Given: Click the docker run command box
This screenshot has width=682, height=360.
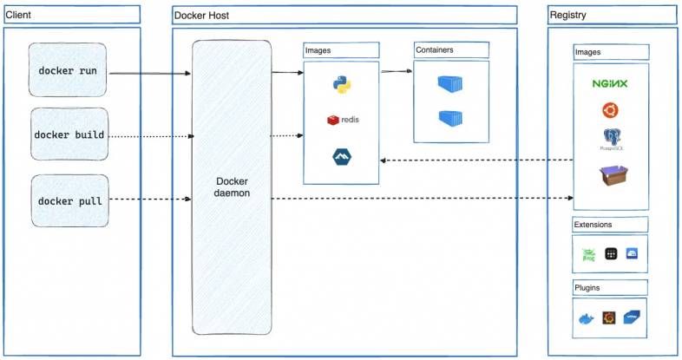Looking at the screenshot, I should pos(69,70).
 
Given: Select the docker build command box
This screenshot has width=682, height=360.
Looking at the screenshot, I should pos(69,135).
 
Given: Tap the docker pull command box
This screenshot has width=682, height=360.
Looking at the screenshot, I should pos(69,201).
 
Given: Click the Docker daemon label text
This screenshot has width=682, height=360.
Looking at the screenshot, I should pos(232,187).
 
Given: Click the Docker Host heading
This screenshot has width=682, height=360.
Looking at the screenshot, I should pos(201,16).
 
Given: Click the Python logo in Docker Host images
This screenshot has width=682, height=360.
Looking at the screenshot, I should pos(341,84).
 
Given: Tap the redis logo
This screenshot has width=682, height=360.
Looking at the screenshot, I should pos(342,120).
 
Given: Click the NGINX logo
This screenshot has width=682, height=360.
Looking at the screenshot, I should pos(610,83).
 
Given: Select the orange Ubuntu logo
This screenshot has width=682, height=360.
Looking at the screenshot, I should pos(610,110).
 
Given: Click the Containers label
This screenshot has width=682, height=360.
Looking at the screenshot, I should pos(434,50).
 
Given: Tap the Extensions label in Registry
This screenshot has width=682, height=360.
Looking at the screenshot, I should pos(593,225).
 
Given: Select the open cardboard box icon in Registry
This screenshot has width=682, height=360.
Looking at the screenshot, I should pos(611,176).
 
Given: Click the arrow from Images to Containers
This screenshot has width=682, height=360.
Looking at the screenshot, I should pos(396,72).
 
